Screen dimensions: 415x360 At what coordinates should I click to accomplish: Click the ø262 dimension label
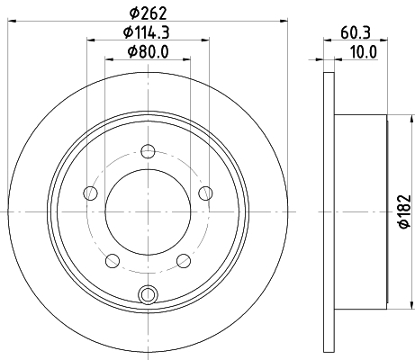pos(148,13)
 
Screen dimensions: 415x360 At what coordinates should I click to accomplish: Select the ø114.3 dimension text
pos(147,32)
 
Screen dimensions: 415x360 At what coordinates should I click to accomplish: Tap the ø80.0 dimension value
pos(149,51)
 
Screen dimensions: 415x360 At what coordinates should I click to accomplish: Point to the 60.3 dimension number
pos(356,32)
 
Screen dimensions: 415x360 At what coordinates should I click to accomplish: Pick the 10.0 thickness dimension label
pos(364,52)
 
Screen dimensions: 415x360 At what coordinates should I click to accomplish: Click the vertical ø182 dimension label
pos(404,211)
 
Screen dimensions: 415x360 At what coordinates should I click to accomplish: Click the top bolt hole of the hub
pos(148,151)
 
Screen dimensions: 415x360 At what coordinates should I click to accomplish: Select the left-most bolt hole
pos(91,193)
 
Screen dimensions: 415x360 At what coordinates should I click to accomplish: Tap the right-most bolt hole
pos(205,193)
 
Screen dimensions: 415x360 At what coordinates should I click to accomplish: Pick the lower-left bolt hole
pos(113,260)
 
